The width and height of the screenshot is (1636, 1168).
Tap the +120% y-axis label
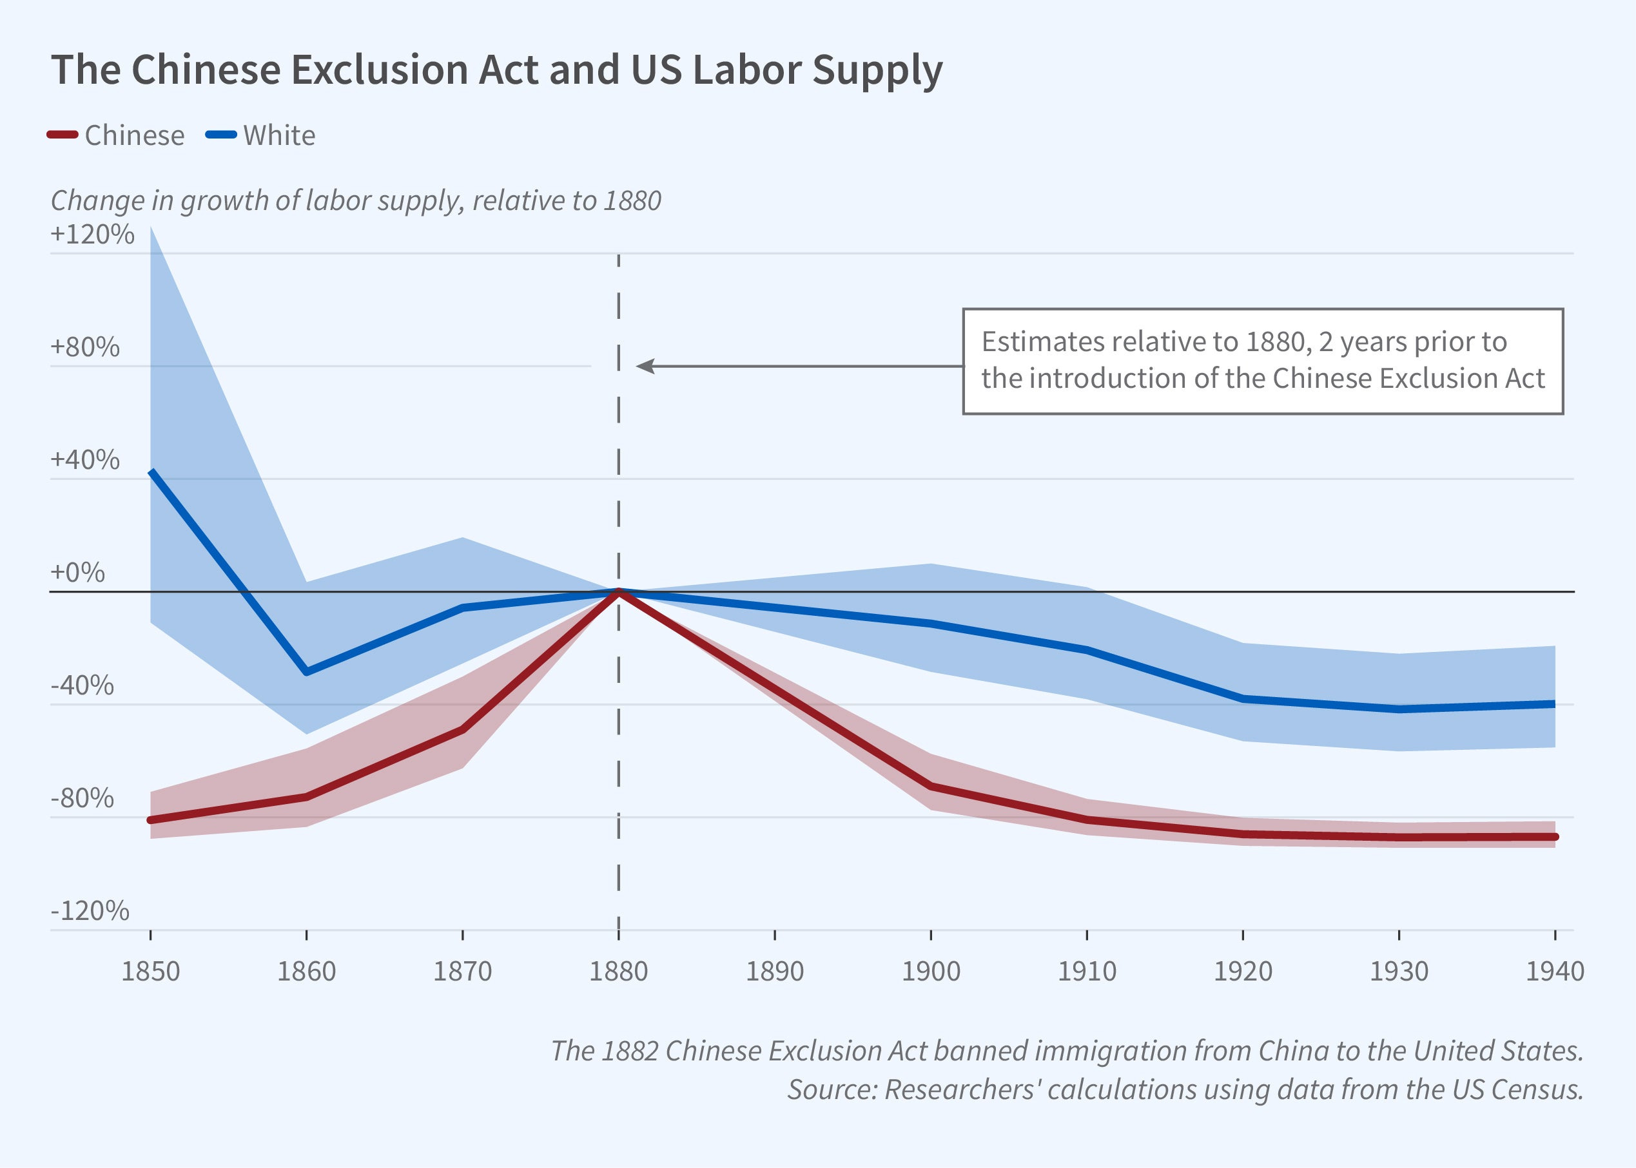[x=92, y=235]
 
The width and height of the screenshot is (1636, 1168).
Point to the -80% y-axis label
[x=82, y=798]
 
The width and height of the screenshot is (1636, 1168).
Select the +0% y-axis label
[x=78, y=573]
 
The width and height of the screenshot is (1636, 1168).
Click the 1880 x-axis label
[x=618, y=972]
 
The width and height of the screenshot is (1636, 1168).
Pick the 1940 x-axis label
[x=1555, y=972]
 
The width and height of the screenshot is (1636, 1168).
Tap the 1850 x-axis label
[x=150, y=972]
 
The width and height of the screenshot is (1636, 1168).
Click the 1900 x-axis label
[x=931, y=972]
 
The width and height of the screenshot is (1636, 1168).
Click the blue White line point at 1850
[x=151, y=472]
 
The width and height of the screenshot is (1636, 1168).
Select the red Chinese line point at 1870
[x=463, y=730]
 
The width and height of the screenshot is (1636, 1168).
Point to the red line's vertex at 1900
[x=931, y=786]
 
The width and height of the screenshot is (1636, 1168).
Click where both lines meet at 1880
[x=619, y=591]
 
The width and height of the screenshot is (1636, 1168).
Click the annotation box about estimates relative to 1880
[x=1263, y=361]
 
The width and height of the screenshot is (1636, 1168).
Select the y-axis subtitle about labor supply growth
[x=355, y=200]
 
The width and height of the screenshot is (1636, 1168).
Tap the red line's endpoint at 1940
[x=1555, y=837]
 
